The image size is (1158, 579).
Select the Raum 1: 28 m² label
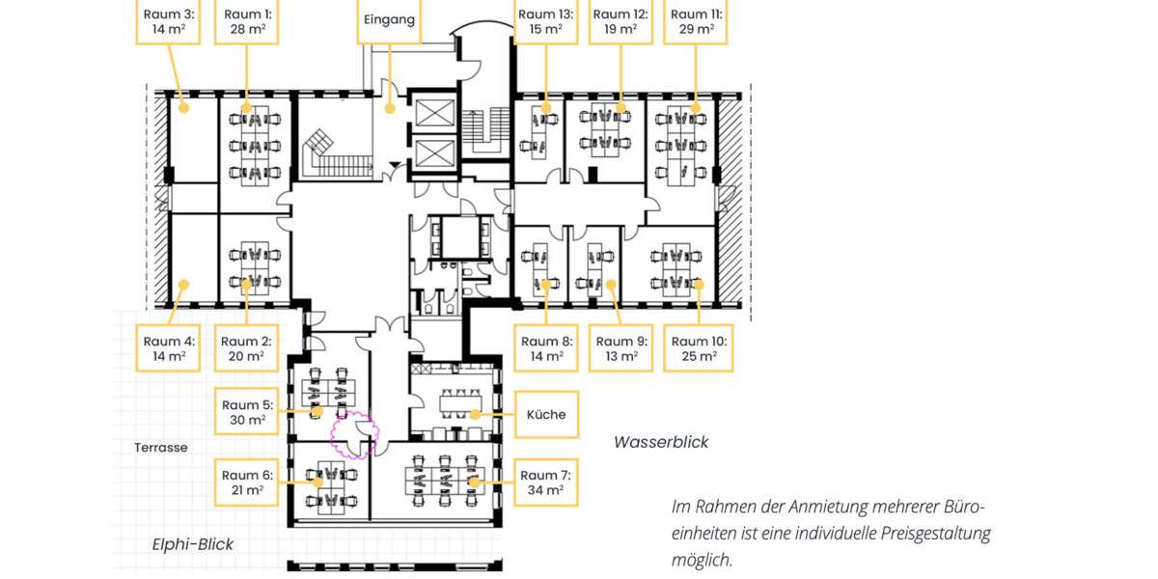coord(247,21)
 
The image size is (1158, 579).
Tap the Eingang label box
coord(390,20)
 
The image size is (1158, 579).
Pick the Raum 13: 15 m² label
coord(545,21)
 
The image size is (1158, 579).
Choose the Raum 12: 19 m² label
coord(620,21)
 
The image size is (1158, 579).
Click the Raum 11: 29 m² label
coord(695,21)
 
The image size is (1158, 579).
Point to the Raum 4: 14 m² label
coord(169,348)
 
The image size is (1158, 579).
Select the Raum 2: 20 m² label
coord(246,348)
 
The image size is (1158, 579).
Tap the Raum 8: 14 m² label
coord(545,348)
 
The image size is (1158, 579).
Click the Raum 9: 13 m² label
coord(620,348)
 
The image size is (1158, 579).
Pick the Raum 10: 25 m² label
coord(699,348)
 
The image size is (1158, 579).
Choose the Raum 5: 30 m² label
coord(247,412)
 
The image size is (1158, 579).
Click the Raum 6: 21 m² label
coord(247,482)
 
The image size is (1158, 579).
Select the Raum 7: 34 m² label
coord(545,482)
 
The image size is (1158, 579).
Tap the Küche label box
coord(546,415)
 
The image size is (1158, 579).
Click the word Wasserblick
coord(661,442)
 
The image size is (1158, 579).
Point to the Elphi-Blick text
coord(193,544)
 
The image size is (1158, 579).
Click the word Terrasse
coord(161,448)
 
